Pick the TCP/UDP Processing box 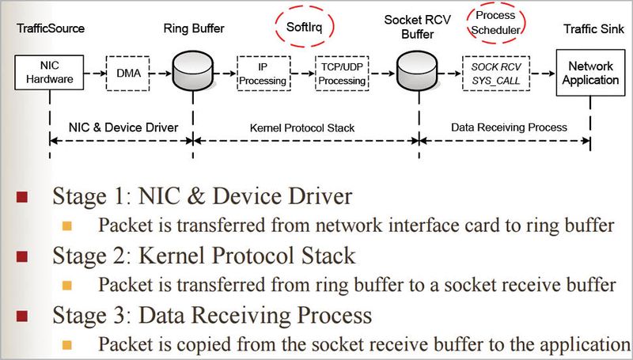pyautogui.click(x=341, y=72)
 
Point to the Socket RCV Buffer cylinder pyautogui.click(x=417, y=73)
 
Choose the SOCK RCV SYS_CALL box pyautogui.click(x=495, y=73)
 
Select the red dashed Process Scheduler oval pyautogui.click(x=497, y=23)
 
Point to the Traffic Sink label pyautogui.click(x=591, y=29)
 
